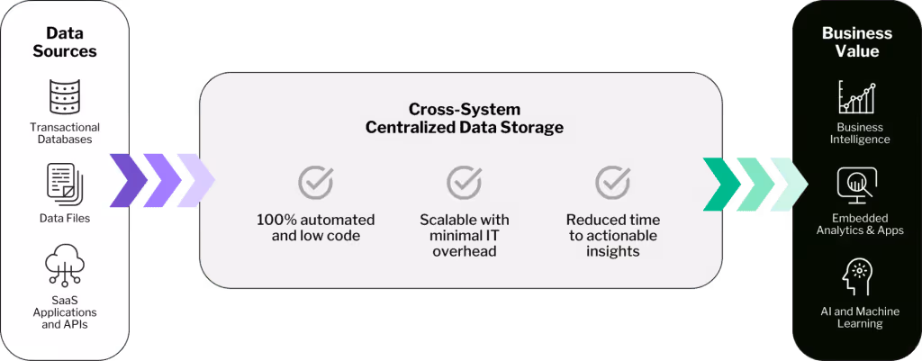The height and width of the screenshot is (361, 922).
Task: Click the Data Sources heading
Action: pos(65,42)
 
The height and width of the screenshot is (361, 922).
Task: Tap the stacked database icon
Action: pos(65,97)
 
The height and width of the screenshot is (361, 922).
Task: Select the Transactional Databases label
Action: pos(65,133)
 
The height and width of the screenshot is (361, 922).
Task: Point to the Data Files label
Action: pos(65,219)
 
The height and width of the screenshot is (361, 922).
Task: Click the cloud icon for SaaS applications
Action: pos(65,268)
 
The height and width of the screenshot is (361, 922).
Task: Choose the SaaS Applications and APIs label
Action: pos(65,311)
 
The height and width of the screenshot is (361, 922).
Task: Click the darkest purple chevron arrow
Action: pos(129,180)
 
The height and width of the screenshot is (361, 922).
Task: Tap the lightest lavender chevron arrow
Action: pos(195,180)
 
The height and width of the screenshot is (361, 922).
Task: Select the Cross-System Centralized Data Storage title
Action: pos(465,118)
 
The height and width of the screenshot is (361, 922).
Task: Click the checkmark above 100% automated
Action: pos(316,182)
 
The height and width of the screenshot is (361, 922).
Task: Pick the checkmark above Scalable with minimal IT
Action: pos(465,182)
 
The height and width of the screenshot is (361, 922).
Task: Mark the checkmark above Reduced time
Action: pos(613,182)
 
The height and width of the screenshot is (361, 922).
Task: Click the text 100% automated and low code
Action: pos(316,228)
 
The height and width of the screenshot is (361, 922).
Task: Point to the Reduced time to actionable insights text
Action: pos(613,236)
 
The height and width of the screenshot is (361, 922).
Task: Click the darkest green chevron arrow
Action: pos(722,184)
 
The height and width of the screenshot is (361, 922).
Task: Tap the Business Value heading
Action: pos(857,41)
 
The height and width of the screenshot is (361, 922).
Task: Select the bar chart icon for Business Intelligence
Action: pos(857,97)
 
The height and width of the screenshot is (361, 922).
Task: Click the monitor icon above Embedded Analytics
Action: pos(857,185)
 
